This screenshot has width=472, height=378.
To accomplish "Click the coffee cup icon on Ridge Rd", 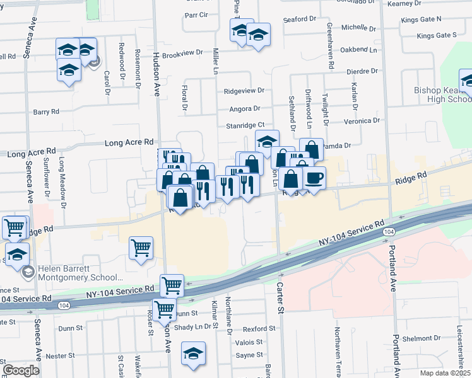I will click(314, 178).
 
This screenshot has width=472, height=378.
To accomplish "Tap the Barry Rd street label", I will click(46, 112).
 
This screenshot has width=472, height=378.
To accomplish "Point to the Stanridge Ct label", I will click(245, 126).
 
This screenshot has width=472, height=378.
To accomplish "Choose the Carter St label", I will click(280, 295).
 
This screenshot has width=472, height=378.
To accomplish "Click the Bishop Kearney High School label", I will click(442, 94).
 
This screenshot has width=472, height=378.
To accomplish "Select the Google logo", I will click(21, 370).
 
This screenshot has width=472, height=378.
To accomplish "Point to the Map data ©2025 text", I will click(445, 373).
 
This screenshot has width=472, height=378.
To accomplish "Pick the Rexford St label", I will click(259, 329).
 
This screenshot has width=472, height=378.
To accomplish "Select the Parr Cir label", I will click(196, 14).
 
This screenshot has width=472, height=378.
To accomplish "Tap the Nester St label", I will click(61, 355).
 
